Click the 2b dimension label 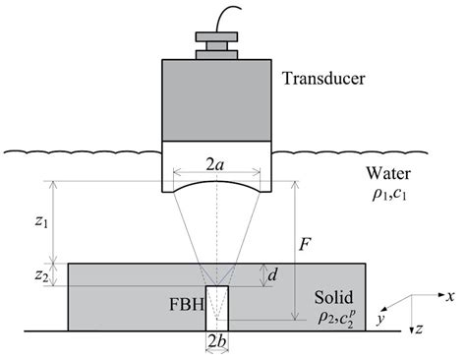pyautogui.click(x=214, y=344)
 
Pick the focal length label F pyautogui.click(x=306, y=239)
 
